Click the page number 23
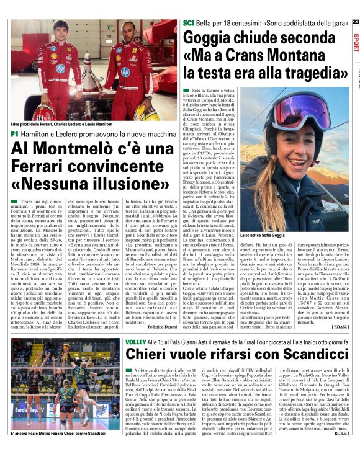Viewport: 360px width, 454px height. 355,22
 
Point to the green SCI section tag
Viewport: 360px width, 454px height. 189,23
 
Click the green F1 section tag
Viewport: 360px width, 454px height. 14,133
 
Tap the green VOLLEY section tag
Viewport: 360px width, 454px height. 135,341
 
